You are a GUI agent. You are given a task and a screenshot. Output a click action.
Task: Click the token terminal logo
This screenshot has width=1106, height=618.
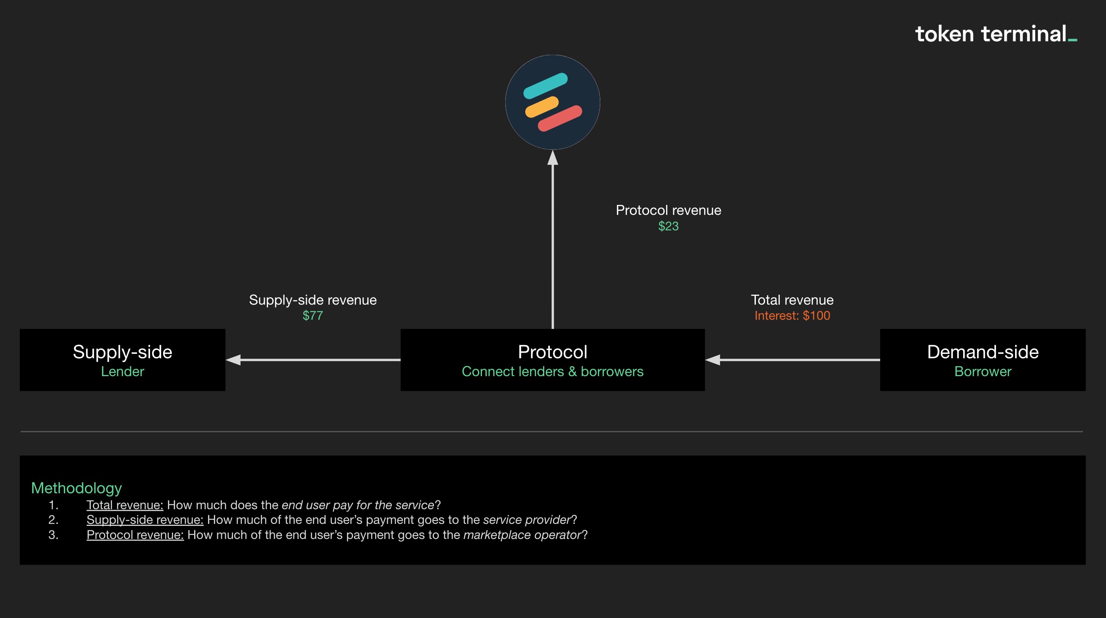click(995, 35)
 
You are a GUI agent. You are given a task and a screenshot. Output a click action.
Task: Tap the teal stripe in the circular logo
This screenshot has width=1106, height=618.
click(545, 85)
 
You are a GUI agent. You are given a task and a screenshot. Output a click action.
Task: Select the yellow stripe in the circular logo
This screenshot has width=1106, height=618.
click(541, 107)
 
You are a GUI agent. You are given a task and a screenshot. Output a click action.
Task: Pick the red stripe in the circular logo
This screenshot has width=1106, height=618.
click(560, 118)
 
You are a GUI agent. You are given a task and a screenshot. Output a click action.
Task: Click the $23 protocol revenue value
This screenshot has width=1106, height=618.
click(668, 226)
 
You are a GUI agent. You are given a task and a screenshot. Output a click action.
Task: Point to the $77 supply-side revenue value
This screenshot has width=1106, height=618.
click(312, 316)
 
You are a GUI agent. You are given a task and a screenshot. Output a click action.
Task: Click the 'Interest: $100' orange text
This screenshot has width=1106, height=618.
click(792, 316)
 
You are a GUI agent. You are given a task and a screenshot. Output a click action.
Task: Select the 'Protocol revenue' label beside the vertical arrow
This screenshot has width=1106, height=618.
click(668, 210)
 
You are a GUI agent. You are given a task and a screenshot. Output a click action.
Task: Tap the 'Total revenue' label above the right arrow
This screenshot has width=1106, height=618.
click(792, 300)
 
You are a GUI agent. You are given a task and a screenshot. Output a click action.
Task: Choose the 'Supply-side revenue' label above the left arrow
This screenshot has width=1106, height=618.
click(312, 300)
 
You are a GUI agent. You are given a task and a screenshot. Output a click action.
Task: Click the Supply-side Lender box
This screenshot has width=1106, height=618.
click(122, 359)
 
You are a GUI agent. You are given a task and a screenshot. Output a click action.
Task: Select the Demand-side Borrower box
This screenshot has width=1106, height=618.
click(983, 359)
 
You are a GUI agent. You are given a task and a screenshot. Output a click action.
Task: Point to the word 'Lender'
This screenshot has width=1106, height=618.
click(122, 371)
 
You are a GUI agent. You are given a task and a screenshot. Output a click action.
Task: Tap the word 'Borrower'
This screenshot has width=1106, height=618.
click(983, 371)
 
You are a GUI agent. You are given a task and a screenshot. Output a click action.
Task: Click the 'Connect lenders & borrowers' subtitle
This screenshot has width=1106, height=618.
click(553, 371)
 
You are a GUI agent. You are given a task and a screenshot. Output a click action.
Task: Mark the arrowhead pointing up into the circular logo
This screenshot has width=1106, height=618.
click(553, 158)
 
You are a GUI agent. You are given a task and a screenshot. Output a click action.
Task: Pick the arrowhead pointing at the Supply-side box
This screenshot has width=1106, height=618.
click(233, 360)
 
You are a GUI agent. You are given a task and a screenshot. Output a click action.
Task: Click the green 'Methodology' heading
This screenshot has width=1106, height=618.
click(77, 488)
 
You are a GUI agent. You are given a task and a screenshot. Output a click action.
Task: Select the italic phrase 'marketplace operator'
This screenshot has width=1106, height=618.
click(522, 535)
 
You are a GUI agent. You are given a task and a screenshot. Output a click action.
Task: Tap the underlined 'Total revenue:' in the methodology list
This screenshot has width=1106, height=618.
click(125, 505)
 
